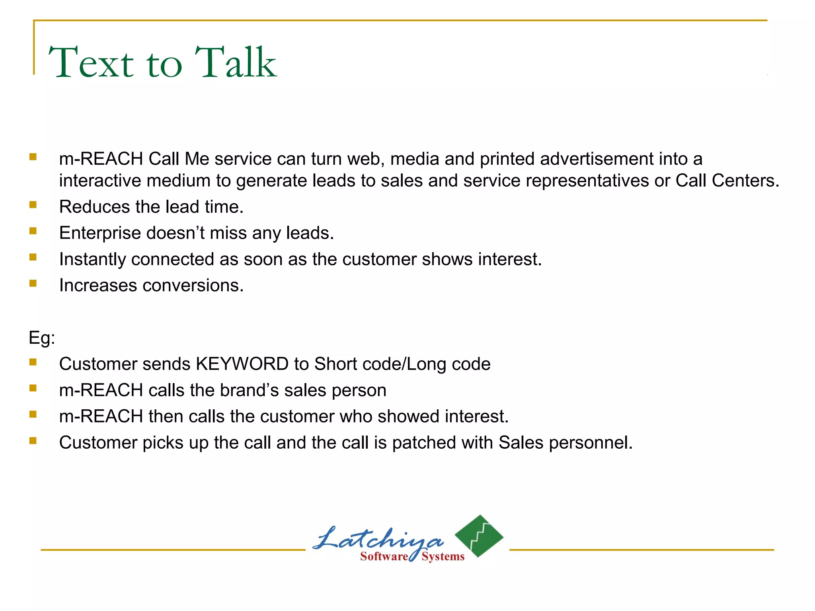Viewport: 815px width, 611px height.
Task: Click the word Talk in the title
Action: tap(236, 62)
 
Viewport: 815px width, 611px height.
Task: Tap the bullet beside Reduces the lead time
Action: tap(33, 205)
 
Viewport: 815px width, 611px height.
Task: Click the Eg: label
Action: tap(42, 338)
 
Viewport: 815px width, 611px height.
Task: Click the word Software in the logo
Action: tap(384, 557)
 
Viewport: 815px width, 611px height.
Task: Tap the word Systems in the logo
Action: tap(443, 557)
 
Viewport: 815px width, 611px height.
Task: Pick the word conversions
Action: tap(193, 286)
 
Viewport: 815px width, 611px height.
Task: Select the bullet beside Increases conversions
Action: tap(33, 283)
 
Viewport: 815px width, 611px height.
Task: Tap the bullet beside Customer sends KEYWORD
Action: tap(33, 362)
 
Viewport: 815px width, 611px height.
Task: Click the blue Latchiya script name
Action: tap(378, 539)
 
